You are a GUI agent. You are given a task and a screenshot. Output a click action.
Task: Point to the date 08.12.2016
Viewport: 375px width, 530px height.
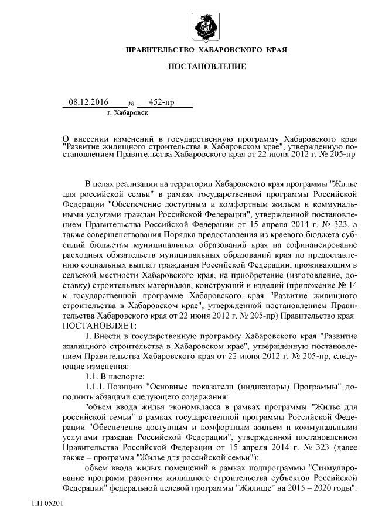pos(88,102)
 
